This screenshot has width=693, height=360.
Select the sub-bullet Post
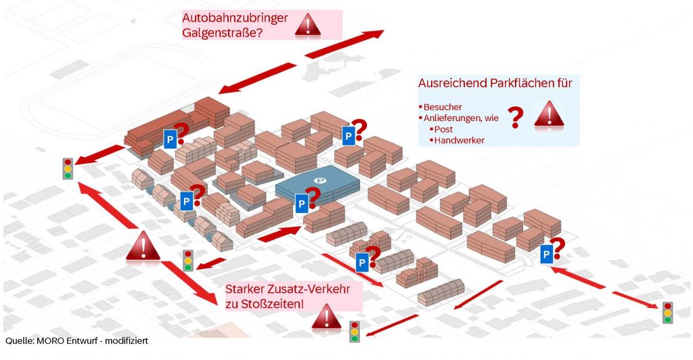pos(444,129)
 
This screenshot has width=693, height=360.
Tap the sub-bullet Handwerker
pos(460,140)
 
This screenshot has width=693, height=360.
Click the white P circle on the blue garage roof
pos(321,179)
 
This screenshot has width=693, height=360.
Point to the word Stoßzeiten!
pos(271,304)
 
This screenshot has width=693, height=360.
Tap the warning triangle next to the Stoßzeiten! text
pos(326,316)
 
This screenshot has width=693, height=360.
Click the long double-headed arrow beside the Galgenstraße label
pos(301,61)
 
